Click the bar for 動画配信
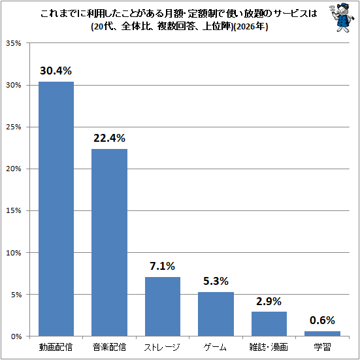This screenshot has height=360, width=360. (56, 209)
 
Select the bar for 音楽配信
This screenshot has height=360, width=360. (109, 242)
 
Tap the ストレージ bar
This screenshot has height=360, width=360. (163, 306)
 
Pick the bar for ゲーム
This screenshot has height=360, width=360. (216, 314)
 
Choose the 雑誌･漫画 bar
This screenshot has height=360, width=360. (269, 324)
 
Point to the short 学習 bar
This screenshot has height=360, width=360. (322, 334)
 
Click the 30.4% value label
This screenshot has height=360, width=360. (56, 71)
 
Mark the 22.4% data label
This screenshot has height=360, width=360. (109, 139)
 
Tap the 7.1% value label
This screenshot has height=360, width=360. (162, 266)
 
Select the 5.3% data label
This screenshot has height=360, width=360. (216, 281)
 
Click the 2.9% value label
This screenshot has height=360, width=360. (269, 301)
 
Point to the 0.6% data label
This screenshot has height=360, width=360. (322, 321)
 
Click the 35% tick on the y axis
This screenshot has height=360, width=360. (13, 43)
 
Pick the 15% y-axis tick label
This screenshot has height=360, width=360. (13, 210)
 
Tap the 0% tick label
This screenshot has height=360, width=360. (16, 336)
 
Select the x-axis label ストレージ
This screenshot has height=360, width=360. (162, 347)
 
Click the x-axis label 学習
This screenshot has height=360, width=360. (322, 347)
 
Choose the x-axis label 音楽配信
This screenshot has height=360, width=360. (109, 347)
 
